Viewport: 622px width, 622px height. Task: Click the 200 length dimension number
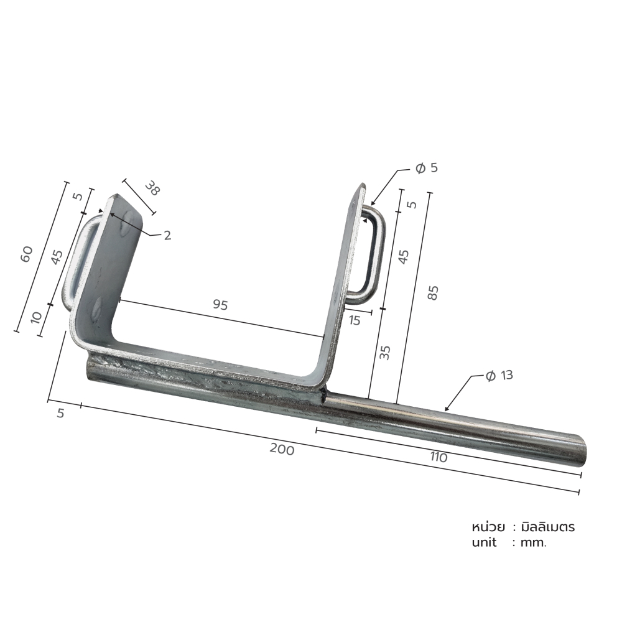[282, 450]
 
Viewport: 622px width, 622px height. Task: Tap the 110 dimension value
[439, 457]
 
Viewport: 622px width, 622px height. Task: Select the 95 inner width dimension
[220, 305]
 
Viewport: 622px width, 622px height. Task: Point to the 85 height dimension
[433, 293]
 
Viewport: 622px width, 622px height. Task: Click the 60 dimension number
[26, 254]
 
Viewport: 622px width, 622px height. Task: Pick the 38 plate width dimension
[152, 188]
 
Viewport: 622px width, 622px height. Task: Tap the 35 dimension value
[385, 353]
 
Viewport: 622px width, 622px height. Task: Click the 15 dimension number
[355, 320]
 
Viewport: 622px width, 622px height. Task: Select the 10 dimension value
[36, 317]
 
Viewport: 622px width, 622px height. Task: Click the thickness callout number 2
[167, 236]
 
